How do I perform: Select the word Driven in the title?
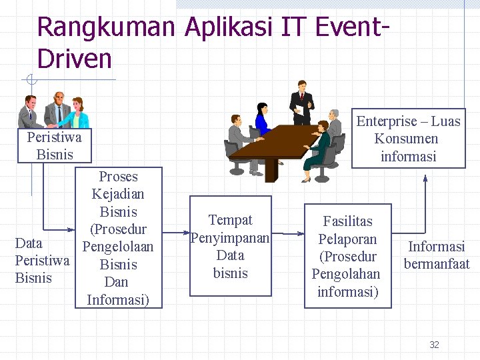point(75,59)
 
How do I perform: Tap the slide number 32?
point(434,345)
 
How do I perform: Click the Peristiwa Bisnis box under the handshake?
point(54,146)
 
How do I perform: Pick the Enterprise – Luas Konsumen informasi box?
point(408,139)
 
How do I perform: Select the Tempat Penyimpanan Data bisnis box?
point(231,246)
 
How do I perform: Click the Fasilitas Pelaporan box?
point(347,256)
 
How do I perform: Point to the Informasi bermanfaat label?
point(437,255)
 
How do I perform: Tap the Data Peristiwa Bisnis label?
point(41,260)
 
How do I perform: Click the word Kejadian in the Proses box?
point(118,195)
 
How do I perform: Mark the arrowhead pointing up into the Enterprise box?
point(425,178)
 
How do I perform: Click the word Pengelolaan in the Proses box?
point(118,247)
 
